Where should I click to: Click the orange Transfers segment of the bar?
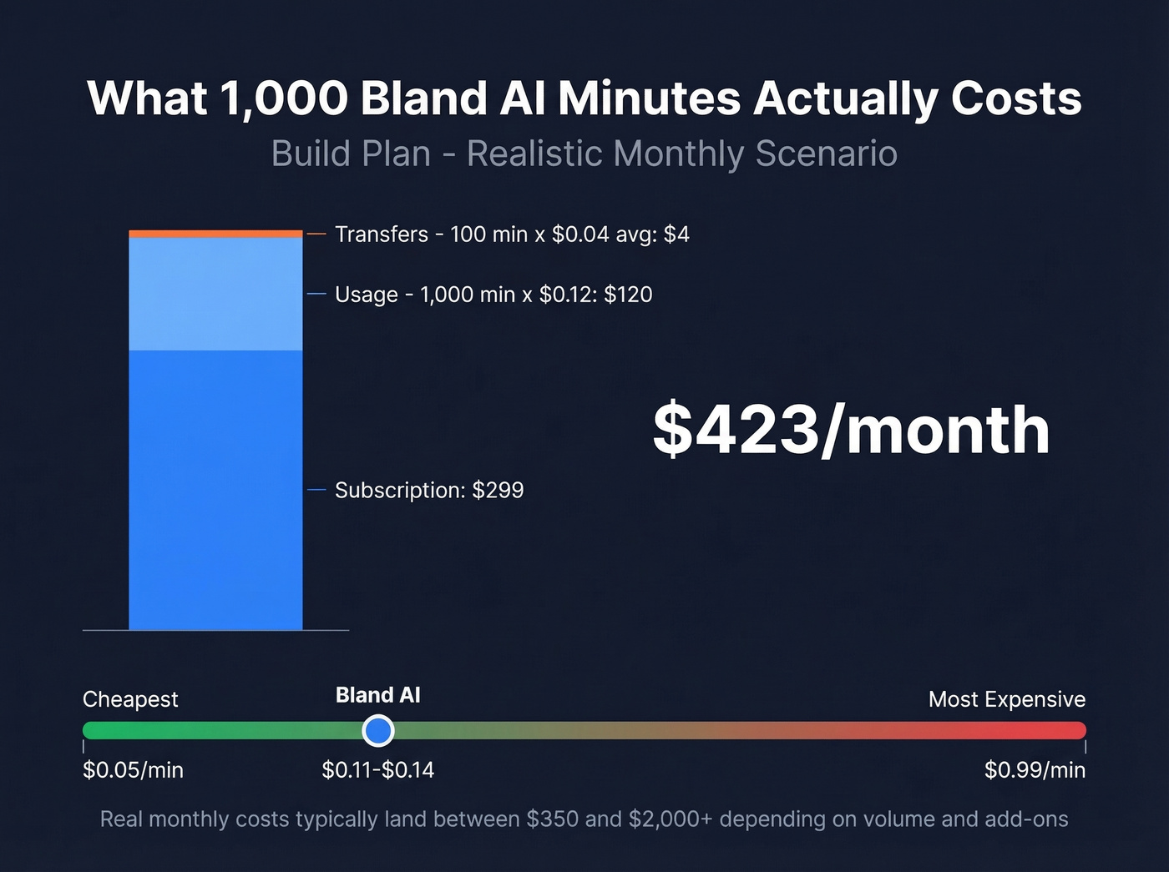pos(215,234)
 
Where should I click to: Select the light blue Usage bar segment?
pos(215,294)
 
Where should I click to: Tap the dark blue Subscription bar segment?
pos(215,490)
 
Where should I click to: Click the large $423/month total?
pos(850,430)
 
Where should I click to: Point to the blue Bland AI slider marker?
pos(378,731)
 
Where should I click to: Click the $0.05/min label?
pos(133,769)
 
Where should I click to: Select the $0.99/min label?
pos(1035,769)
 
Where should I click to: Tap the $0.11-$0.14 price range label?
pos(378,769)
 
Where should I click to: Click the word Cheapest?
pos(130,699)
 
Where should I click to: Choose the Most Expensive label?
pos(1006,699)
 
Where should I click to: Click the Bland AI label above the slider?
pos(378,695)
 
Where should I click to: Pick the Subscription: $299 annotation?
pos(429,490)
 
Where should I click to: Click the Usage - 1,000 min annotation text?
pos(493,295)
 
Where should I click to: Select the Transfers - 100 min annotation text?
pos(512,234)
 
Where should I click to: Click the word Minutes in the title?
pos(649,98)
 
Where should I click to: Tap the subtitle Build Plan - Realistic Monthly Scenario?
pos(584,154)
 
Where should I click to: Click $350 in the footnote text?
pos(552,819)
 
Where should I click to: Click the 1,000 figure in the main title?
pos(284,98)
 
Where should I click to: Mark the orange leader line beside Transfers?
pos(316,234)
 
